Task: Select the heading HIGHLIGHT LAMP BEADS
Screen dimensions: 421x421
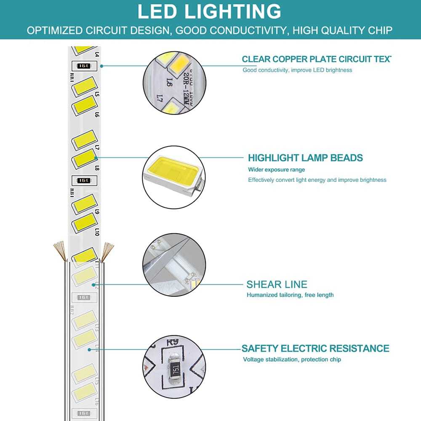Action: (305, 158)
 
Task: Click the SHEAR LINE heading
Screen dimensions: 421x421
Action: (277, 284)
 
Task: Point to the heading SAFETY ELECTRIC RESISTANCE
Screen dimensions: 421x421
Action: (315, 349)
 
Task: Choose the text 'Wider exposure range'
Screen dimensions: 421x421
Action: (276, 170)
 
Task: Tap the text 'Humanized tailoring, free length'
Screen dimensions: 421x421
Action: (290, 295)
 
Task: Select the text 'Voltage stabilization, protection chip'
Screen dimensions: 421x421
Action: (292, 360)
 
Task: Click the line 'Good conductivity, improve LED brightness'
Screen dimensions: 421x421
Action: (297, 70)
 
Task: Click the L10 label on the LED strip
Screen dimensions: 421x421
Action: (97, 232)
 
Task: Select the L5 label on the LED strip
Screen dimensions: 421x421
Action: (97, 94)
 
